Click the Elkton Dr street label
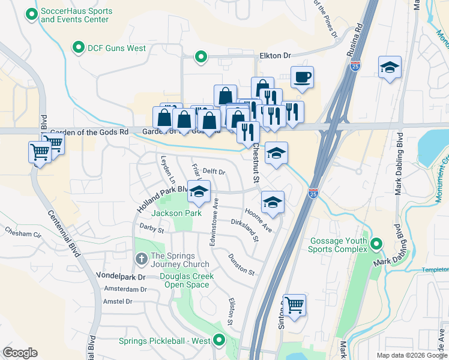[x=275, y=55]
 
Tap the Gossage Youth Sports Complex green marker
[x=376, y=244]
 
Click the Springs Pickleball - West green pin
[x=219, y=341]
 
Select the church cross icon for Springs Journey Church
[x=140, y=258]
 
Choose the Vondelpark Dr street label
[x=125, y=277]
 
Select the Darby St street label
[x=151, y=229]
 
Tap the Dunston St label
[x=241, y=264]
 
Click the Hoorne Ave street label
[x=259, y=220]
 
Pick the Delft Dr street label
[x=213, y=172]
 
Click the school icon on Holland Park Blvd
[x=199, y=192]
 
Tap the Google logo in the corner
[x=20, y=353]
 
